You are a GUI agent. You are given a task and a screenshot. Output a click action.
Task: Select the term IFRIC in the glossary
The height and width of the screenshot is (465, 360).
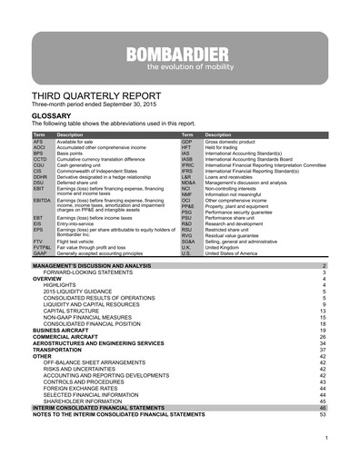[187, 165]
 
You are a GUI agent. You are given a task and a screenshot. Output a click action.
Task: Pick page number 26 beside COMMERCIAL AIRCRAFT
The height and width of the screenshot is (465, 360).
[322, 334]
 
